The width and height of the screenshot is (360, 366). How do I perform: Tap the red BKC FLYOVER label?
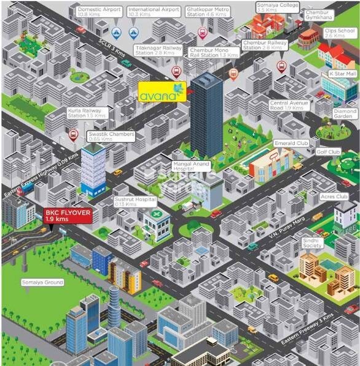68,216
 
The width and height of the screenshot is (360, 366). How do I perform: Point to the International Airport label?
154,12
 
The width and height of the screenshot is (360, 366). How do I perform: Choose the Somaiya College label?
269,8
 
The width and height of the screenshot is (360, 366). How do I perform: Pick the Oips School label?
340,33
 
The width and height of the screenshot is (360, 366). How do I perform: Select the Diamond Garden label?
345,115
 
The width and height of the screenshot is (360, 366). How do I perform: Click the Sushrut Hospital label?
135,204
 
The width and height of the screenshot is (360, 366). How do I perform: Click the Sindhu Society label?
312,243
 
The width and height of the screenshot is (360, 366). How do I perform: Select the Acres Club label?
335,197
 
